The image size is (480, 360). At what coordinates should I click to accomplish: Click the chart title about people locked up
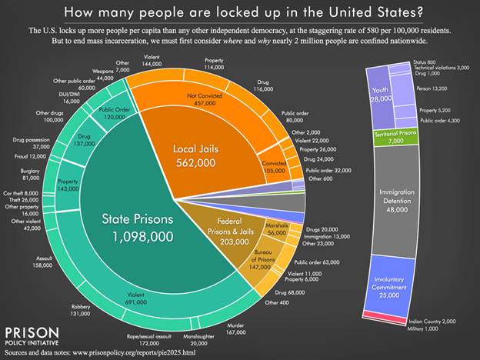click(x=239, y=12)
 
